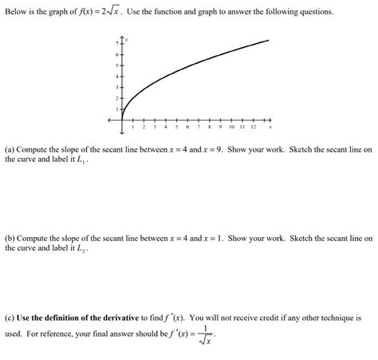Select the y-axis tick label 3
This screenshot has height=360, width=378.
(x=116, y=86)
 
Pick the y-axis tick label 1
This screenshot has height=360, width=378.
(x=116, y=109)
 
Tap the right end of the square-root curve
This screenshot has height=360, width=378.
(x=268, y=40)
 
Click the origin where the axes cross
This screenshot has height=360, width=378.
(x=122, y=120)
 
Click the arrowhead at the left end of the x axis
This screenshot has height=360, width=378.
(x=112, y=120)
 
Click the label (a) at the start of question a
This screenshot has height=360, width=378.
(x=10, y=149)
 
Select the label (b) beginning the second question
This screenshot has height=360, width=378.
(x=10, y=238)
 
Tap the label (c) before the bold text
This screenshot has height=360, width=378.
(x=10, y=318)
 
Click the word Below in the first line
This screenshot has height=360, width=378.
(x=16, y=14)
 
